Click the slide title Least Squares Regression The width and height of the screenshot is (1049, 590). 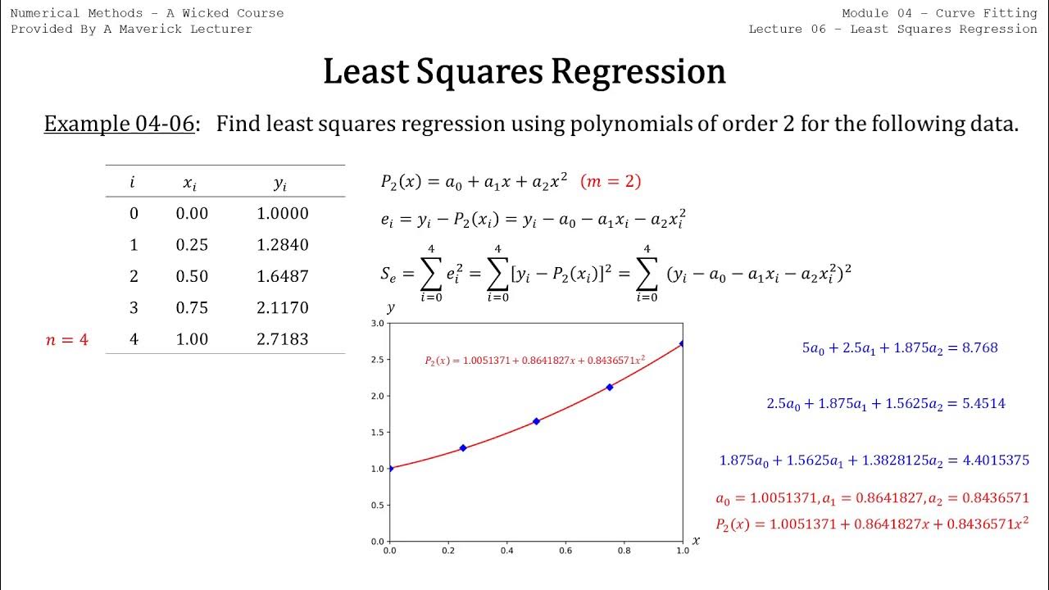524,72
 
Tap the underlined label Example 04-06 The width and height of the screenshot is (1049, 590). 120,124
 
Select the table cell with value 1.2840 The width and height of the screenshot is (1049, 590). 283,245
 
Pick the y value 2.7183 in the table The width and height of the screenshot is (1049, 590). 283,339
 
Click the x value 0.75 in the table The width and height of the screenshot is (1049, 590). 192,308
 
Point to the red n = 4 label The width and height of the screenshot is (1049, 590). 66,339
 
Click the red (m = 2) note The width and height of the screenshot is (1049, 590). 611,182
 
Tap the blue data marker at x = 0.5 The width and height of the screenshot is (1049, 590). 536,421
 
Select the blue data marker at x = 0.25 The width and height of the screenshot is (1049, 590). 463,448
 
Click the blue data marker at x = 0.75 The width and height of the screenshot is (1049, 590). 610,387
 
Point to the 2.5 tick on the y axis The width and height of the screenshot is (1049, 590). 377,360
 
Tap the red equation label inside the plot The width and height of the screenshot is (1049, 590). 534,360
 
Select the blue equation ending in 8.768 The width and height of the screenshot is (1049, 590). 899,347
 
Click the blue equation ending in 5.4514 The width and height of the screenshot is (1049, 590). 885,403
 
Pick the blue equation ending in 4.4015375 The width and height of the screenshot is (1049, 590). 874,461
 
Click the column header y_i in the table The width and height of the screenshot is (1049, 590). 280,184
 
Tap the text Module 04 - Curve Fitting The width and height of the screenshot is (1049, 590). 939,13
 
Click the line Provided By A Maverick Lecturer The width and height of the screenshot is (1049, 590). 131,29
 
